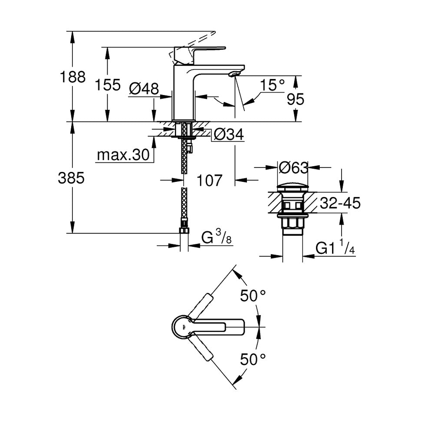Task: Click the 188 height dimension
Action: (x=72, y=77)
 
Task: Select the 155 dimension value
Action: (x=108, y=85)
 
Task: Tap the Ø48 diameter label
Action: (x=144, y=89)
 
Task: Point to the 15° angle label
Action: (x=273, y=85)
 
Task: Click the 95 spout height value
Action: (x=295, y=99)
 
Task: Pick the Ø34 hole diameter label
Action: (x=229, y=135)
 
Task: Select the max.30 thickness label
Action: (x=123, y=155)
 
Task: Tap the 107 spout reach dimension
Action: (x=209, y=181)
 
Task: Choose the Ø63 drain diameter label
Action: (x=293, y=168)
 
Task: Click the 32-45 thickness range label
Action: (x=340, y=203)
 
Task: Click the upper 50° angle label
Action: (x=253, y=295)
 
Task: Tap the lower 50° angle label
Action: (x=253, y=359)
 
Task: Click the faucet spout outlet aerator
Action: (x=235, y=74)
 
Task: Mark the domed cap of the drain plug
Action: (x=293, y=187)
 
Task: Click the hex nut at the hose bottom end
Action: (x=184, y=231)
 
